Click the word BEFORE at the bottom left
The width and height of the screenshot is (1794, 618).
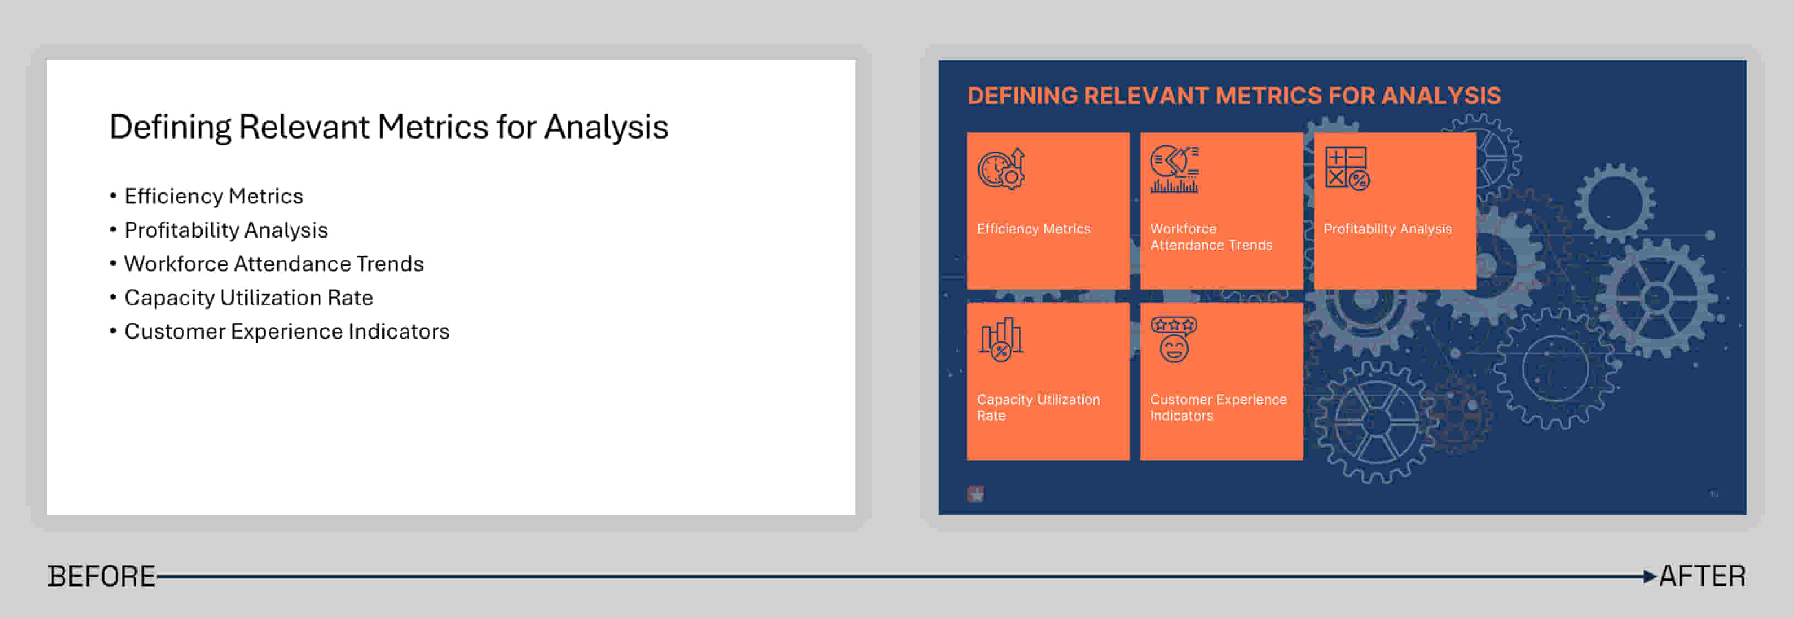point(102,576)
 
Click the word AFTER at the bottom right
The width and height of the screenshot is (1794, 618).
point(1702,576)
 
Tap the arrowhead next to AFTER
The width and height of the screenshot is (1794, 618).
point(1649,576)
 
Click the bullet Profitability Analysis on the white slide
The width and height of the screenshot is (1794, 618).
point(226,230)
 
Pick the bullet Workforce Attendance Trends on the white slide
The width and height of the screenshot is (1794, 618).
point(274,264)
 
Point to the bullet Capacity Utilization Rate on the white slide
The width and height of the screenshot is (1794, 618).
point(249,298)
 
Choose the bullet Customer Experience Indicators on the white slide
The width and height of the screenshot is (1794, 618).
point(287,332)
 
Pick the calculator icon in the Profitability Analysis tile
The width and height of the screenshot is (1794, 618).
point(1347,168)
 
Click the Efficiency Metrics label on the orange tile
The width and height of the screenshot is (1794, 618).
point(1033,229)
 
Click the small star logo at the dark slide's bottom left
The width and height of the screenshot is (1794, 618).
point(976,494)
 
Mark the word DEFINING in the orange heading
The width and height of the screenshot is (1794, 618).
point(1022,95)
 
